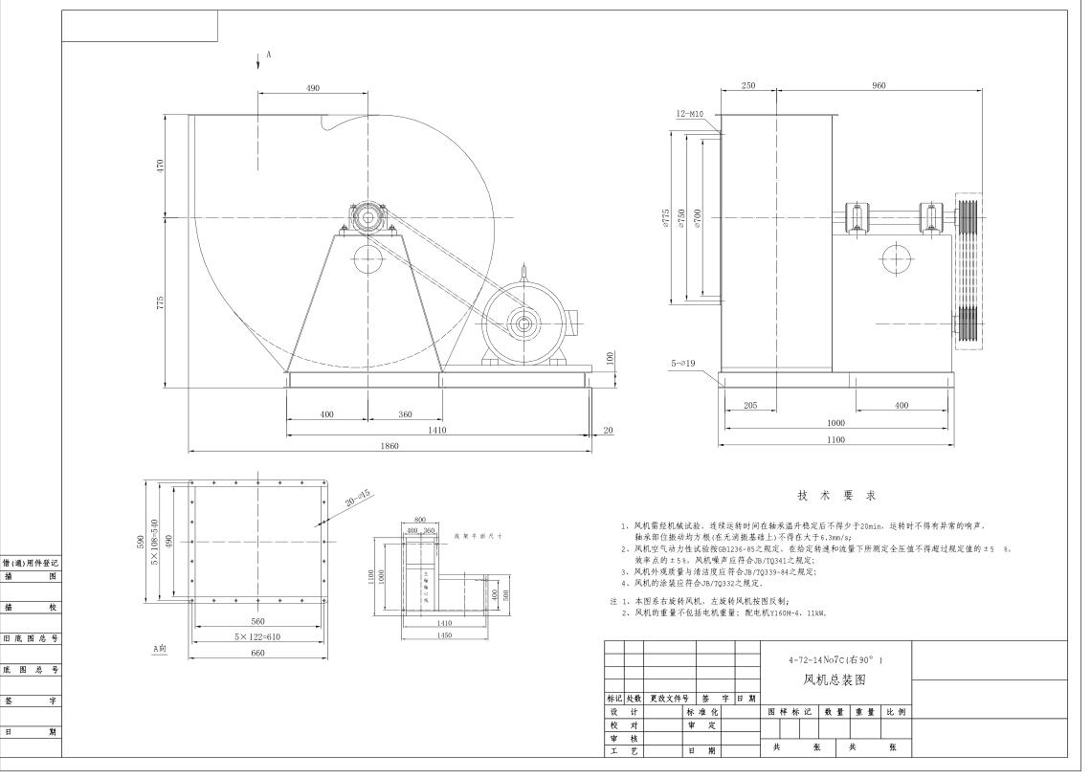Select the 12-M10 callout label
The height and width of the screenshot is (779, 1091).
[689, 114]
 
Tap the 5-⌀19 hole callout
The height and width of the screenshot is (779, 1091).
[688, 365]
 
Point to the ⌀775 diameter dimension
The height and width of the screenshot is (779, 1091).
[664, 218]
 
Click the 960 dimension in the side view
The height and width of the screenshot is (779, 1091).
[879, 86]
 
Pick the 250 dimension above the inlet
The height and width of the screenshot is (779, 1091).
[748, 86]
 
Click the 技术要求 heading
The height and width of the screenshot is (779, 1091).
[836, 495]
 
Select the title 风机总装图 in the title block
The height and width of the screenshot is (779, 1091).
[835, 680]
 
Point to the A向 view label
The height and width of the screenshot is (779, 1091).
[161, 648]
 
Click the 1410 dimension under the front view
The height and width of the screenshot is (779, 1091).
[438, 431]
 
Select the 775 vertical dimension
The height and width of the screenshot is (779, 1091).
[162, 301]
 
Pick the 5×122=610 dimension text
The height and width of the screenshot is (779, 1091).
[256, 637]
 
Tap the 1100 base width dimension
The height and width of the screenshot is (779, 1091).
[835, 440]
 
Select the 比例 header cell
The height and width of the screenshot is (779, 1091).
[896, 712]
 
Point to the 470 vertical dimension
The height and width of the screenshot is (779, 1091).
[162, 166]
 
